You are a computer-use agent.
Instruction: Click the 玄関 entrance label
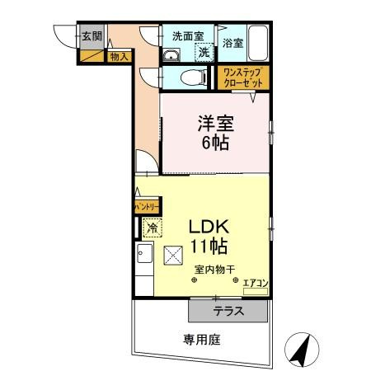tap(92, 36)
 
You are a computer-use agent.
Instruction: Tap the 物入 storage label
tap(119, 56)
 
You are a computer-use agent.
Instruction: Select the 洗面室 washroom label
tap(186, 36)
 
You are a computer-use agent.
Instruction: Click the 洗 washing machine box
tap(203, 52)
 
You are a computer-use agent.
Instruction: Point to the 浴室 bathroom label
tap(232, 43)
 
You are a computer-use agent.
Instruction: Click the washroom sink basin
tap(170, 56)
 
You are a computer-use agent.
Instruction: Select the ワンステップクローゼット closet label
tap(243, 78)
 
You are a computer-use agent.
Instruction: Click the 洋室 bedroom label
tap(216, 124)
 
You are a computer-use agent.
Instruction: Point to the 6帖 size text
tap(216, 142)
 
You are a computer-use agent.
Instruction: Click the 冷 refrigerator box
tap(152, 228)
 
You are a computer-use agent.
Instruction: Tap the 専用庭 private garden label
tap(201, 339)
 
